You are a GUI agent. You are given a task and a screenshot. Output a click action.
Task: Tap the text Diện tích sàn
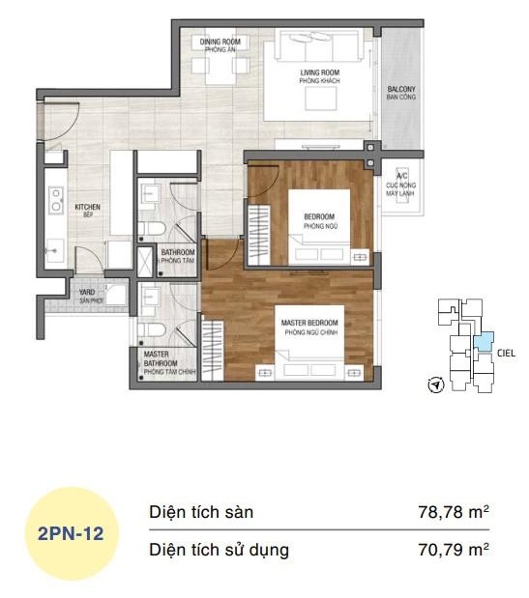coord(201,513)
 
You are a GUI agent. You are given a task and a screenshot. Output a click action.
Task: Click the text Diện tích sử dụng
coord(219,551)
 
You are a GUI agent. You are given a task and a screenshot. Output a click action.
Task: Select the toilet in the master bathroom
coord(150,331)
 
